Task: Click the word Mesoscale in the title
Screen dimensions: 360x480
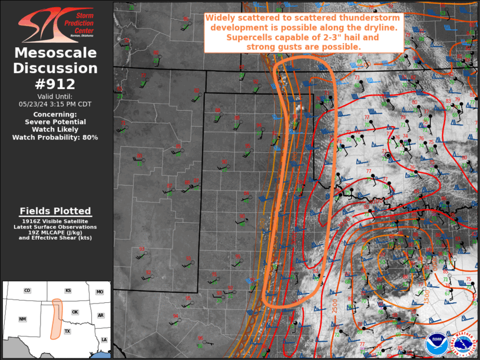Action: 55,53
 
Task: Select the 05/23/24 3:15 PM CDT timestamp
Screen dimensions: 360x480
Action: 55,104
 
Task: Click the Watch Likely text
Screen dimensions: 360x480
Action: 55,129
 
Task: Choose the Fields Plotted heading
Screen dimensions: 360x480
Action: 55,211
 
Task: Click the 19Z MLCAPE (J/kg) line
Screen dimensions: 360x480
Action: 55,232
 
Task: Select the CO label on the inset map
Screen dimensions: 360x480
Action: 27,291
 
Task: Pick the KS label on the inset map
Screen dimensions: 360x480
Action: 68,291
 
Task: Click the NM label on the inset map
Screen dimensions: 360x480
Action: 22,319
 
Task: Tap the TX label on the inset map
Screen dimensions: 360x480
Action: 67,331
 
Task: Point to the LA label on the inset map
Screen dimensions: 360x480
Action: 104,339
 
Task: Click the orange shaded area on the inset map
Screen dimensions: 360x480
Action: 56,318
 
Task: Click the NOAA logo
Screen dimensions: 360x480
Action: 436,344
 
